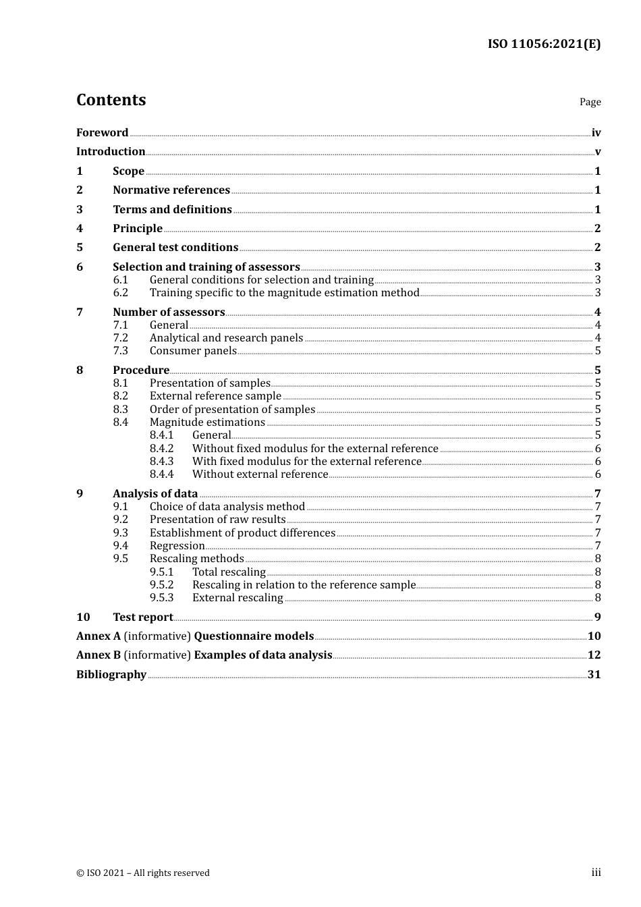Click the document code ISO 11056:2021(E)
[544, 45]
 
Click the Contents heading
[111, 100]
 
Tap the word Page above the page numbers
[590, 102]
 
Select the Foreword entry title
[102, 133]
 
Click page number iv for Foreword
[596, 133]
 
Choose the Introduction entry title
[111, 152]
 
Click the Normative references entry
[171, 190]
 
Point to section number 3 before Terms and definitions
[80, 210]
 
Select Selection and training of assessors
[206, 267]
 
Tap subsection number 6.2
[120, 293]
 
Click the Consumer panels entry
[193, 351]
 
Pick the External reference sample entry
[215, 396]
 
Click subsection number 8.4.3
[161, 462]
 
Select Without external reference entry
[260, 474]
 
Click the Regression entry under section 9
[177, 546]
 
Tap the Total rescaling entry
[229, 572]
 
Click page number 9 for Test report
[597, 617]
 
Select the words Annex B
[99, 655]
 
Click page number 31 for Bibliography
[594, 675]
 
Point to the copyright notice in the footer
[143, 873]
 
